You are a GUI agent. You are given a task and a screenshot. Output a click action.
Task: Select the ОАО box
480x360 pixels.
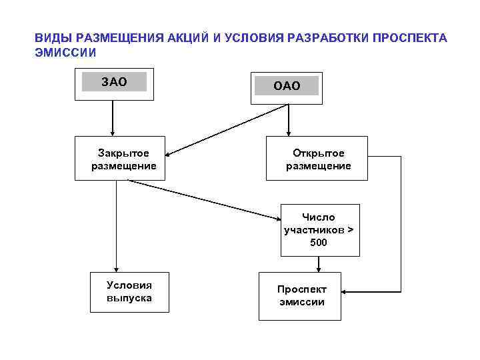coord(287,87)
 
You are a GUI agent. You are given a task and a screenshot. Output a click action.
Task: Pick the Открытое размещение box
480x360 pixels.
coord(317,159)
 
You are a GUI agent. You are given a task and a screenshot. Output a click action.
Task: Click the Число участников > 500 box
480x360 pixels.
coord(319,230)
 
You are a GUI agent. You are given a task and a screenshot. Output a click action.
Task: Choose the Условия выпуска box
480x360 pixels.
coord(129,292)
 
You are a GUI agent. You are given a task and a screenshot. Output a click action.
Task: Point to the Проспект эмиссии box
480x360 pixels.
coord(300,295)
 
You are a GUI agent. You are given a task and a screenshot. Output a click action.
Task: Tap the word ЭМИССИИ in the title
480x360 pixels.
coord(66,51)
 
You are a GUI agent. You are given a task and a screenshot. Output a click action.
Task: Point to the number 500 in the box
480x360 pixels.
coord(319,242)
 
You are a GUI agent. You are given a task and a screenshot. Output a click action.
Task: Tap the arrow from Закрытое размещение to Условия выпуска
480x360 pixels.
coord(117,227)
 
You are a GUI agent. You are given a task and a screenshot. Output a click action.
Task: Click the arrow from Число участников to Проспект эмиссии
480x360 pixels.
coord(319,264)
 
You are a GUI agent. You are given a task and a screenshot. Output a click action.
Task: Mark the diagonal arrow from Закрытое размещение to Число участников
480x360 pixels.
coord(207,199)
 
